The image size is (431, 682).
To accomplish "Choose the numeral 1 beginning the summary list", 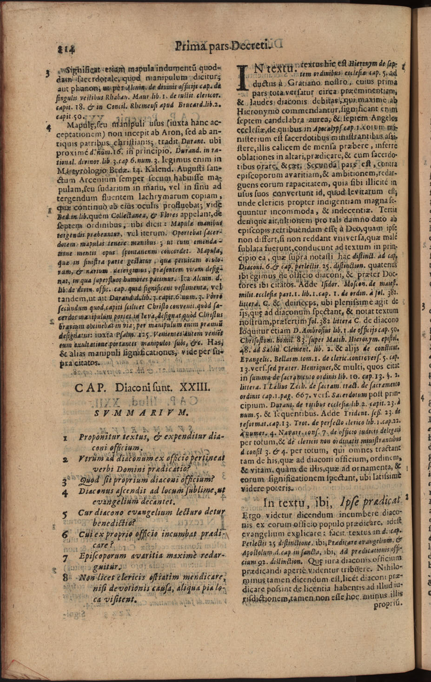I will pyautogui.click(x=66, y=438).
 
